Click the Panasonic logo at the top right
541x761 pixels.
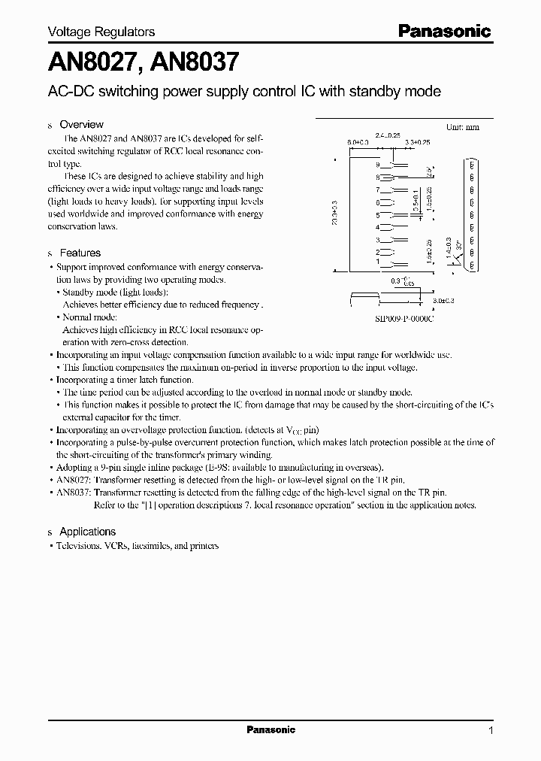pos(443,32)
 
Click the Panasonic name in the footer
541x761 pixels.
pos(271,729)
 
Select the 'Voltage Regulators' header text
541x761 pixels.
pos(101,32)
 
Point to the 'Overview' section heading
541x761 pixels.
pos(81,124)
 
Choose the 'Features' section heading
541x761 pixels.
pos(80,253)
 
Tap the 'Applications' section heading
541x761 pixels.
pos(87,531)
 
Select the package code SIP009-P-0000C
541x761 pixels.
pos(405,319)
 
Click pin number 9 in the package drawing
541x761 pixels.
pos(379,165)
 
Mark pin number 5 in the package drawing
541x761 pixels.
pos(379,215)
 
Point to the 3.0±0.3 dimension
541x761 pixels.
pos(446,301)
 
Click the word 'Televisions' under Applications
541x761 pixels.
pos(78,545)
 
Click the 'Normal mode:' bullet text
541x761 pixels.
pos(90,317)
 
